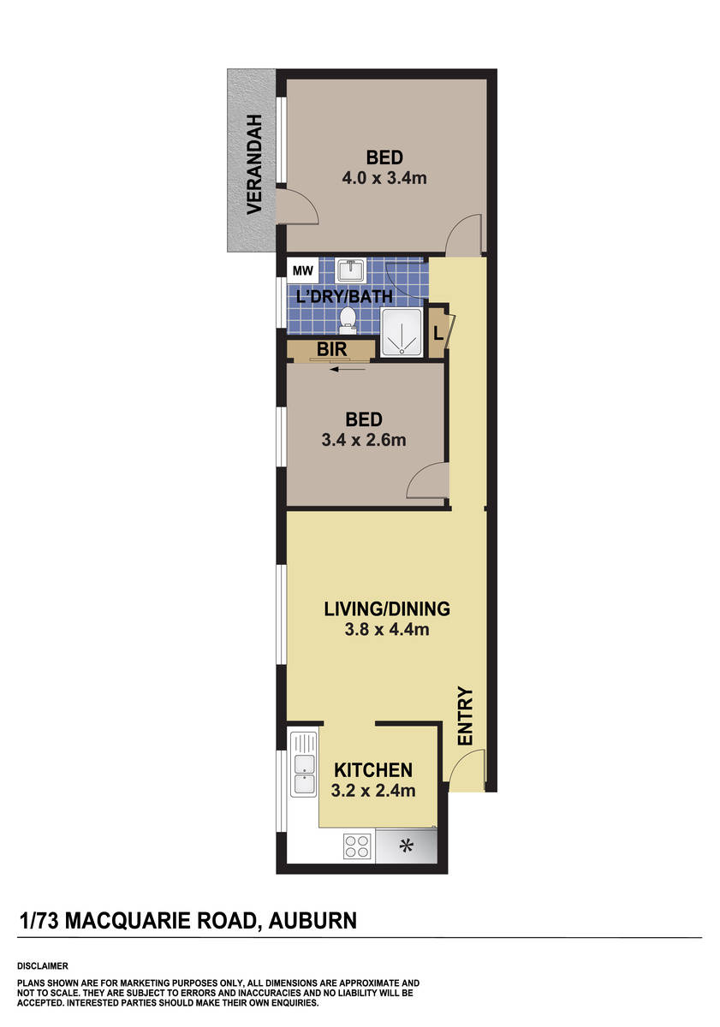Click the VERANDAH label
coord(253,163)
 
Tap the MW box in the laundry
coord(303,272)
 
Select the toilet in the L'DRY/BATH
coord(348,318)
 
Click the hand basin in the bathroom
coord(352,271)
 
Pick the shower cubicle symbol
coord(401,332)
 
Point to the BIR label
coord(331,349)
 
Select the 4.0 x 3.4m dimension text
coord(384,178)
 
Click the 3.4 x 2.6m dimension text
coord(363,440)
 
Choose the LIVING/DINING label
coord(386,609)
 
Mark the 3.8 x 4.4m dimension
coord(386,631)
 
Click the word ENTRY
coord(466,715)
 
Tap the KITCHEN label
coord(373,769)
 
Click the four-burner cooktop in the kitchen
coord(357,846)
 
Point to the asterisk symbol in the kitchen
coord(407,846)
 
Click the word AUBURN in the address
coord(312,921)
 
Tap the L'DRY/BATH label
coord(343,297)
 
